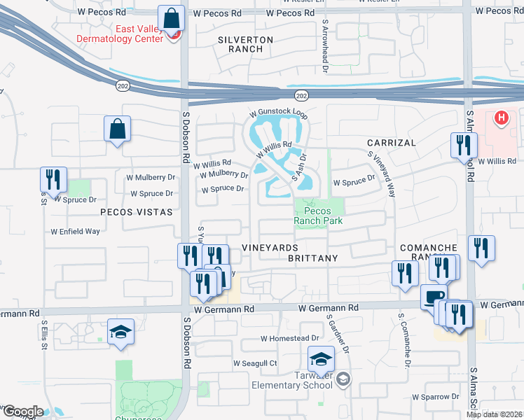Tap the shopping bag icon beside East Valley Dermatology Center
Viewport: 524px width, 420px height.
(170, 18)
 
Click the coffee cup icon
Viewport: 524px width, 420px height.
(434, 297)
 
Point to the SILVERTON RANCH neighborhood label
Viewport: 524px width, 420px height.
(240, 44)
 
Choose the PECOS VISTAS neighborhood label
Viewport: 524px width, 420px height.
(136, 211)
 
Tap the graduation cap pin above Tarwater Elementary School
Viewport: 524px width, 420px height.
(321, 359)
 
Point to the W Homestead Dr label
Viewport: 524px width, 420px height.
(289, 338)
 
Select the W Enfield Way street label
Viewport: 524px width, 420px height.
(75, 231)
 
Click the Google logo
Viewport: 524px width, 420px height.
(22, 412)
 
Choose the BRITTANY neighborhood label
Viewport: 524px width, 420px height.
(312, 258)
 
